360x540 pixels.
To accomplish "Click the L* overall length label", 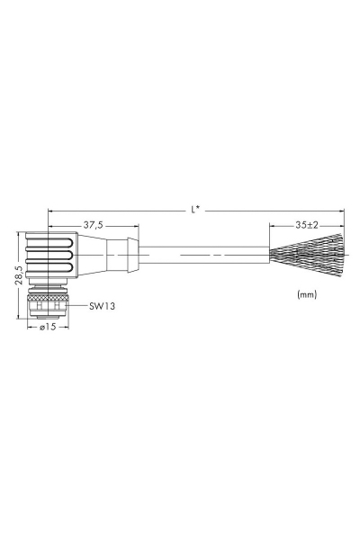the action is coord(195,209).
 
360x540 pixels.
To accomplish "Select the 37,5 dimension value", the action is coord(93,225).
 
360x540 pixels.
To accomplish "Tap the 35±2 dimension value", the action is coord(306,225).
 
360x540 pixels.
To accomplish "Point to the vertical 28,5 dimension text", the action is coord(19,275).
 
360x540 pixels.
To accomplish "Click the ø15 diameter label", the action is coord(48,327).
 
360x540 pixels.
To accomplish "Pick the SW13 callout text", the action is coord(102,306).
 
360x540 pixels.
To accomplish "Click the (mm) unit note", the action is coord(307,294).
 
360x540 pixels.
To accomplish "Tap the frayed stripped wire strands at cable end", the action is coord(307,255).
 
